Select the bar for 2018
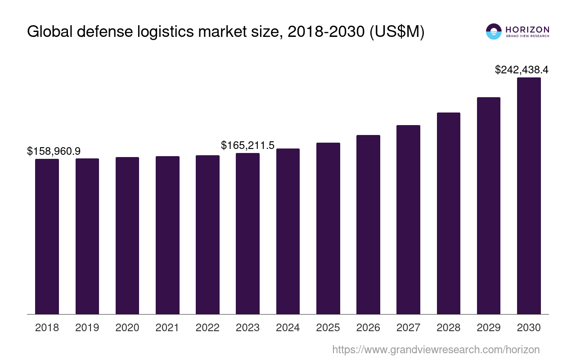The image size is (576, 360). tap(47, 236)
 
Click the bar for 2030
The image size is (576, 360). tap(529, 196)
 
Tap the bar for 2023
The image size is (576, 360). tap(247, 234)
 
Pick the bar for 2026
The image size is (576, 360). tap(368, 225)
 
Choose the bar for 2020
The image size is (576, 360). tap(127, 235)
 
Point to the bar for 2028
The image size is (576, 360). tap(449, 213)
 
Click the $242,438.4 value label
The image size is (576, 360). tap(522, 70)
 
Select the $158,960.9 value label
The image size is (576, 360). tap(57, 151)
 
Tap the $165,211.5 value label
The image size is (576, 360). tap(247, 145)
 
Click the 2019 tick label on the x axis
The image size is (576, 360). tap(87, 328)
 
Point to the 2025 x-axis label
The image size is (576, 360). tap(328, 328)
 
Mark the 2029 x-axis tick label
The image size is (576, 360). tap(489, 328)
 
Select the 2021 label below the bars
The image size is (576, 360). tap(167, 328)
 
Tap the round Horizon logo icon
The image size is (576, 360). tap(494, 31)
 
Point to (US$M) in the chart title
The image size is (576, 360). tap(397, 32)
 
